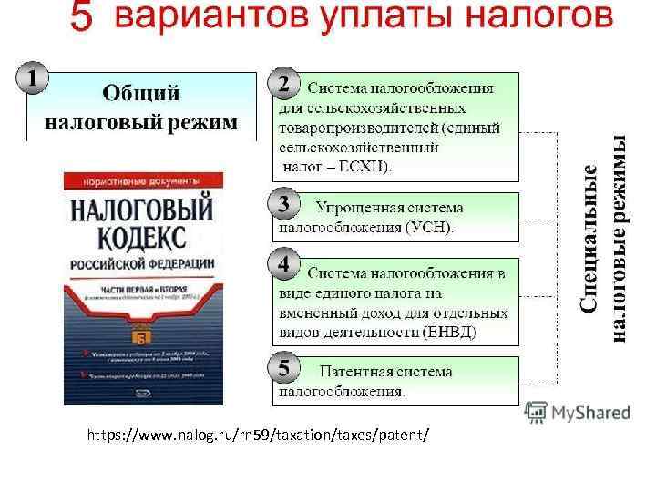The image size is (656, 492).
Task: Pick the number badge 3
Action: coord(284,201)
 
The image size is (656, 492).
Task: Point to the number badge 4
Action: coord(284,264)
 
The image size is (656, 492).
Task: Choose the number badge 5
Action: coord(284,368)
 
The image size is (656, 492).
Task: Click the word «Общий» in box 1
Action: coord(140,93)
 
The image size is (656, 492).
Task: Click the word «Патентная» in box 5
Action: coord(361,373)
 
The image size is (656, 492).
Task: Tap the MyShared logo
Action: coord(578,413)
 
